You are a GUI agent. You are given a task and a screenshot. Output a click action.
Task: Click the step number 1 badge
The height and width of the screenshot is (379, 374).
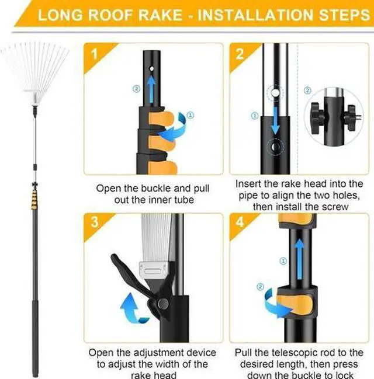(x=94, y=54)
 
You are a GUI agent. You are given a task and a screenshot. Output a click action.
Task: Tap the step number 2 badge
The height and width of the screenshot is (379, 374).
(x=240, y=54)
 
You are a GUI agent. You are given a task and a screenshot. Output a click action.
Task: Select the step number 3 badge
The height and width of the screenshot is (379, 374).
(x=94, y=222)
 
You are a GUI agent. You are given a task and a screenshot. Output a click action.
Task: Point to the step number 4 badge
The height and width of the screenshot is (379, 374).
(x=240, y=222)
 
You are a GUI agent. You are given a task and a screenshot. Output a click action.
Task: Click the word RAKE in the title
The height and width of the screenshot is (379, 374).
(x=160, y=15)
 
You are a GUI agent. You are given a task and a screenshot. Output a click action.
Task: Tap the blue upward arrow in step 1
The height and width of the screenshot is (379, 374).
(x=151, y=88)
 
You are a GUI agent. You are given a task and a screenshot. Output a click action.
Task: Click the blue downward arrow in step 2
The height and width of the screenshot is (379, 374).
(x=275, y=120)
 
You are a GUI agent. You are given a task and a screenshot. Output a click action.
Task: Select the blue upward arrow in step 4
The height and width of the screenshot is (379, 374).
(x=299, y=259)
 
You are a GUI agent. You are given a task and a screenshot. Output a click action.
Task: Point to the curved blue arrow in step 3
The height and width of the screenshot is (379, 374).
(x=132, y=308)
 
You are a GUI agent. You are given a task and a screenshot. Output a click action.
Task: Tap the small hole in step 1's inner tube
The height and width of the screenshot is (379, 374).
(x=152, y=69)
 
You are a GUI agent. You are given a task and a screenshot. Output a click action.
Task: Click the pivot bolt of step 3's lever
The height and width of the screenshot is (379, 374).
(x=162, y=303)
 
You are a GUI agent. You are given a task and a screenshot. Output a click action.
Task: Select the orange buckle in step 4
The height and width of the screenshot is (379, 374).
(x=297, y=302)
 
